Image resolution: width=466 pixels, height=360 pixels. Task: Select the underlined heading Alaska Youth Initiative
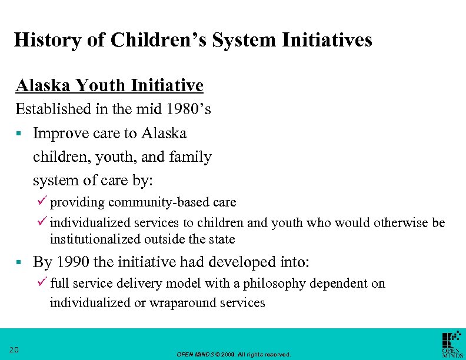[x=109, y=86]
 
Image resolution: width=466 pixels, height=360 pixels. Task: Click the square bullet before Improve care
[x=19, y=134]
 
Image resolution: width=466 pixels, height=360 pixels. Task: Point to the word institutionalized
[x=95, y=239]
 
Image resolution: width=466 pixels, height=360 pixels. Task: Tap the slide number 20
[x=15, y=350]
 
